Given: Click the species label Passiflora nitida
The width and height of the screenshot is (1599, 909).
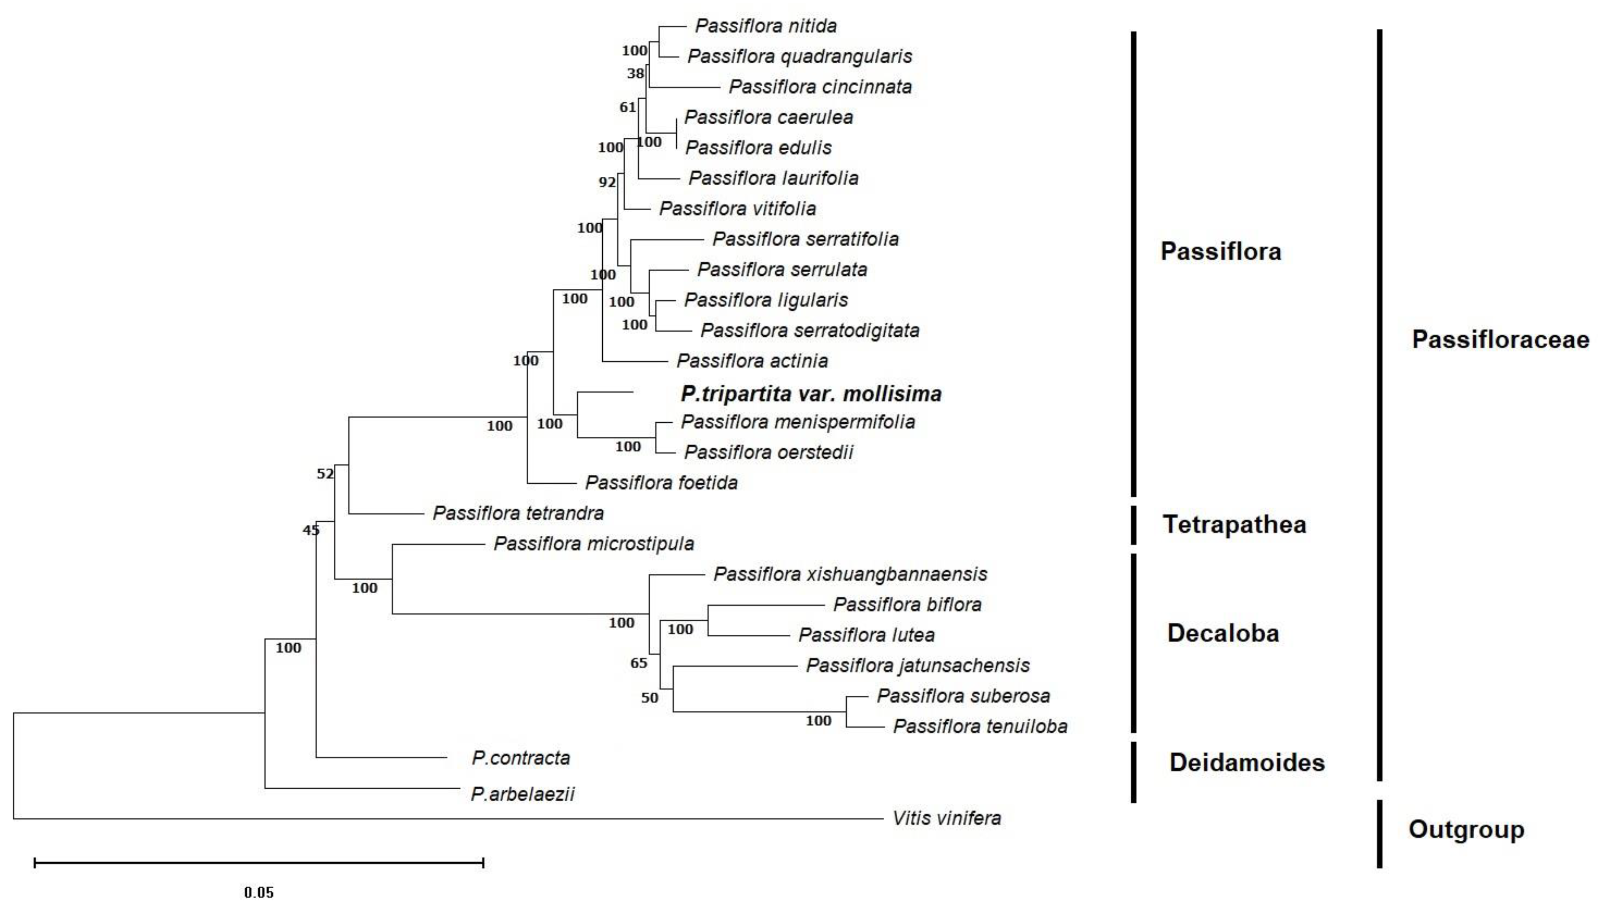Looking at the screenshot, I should pos(765,26).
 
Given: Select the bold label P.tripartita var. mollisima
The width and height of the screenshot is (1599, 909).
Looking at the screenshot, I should pos(810,394).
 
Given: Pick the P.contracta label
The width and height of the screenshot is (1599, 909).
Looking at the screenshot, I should pos(521,758).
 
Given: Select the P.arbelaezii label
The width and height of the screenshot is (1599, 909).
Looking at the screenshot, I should pos(522,794).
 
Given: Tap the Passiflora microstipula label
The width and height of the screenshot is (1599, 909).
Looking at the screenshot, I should pos(593,544).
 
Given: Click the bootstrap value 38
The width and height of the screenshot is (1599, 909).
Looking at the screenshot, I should pos(635,74).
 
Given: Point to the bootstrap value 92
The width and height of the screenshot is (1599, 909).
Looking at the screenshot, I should pos(607,182).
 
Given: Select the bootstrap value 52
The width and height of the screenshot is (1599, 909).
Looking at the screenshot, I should pos(325,474).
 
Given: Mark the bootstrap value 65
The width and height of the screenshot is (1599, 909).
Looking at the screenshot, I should pos(638,663).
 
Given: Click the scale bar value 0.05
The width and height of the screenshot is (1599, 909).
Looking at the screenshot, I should pos(259,892).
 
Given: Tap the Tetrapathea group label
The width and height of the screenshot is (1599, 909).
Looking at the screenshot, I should pos(1234,524).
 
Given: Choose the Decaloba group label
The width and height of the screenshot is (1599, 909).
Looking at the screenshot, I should pos(1223,633).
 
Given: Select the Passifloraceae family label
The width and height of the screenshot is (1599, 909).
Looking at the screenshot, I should pos(1500,339).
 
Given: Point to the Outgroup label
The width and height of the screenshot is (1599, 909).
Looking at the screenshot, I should pos(1465,829).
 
